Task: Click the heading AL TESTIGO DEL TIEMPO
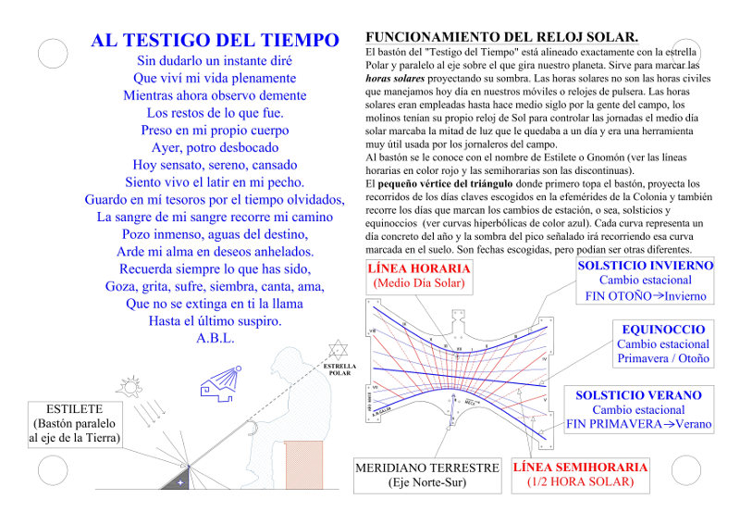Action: tap(215, 41)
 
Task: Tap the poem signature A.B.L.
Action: tap(215, 338)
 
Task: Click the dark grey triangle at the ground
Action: tap(178, 480)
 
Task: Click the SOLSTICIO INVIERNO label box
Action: tap(645, 281)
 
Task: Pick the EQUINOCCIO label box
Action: tap(663, 344)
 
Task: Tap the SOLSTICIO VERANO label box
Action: tap(639, 409)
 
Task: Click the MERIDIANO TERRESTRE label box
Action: tap(427, 475)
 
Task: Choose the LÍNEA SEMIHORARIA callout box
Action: tap(580, 475)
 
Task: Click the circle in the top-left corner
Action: tap(54, 53)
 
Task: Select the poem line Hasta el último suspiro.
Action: tap(215, 320)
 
